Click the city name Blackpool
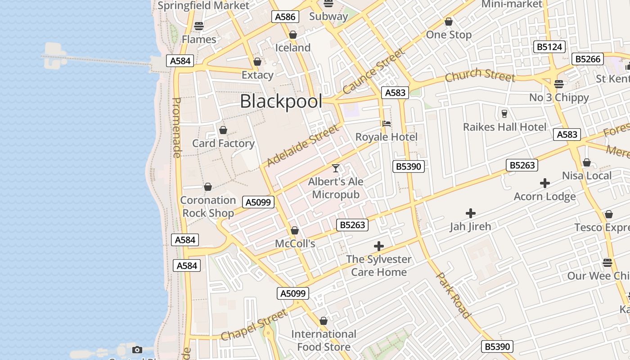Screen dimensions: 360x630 [x=281, y=101]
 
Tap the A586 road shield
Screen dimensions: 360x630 [x=285, y=17]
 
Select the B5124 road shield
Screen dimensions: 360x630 [x=549, y=47]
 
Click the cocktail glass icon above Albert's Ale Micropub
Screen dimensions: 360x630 [x=336, y=168]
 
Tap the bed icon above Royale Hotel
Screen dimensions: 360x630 [x=386, y=124]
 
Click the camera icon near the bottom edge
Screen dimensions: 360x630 [x=137, y=350]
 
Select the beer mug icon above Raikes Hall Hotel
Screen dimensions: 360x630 [x=504, y=113]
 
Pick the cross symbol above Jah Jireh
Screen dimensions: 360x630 [x=471, y=213]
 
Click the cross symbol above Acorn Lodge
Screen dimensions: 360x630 [x=545, y=183]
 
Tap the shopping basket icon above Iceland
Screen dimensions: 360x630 [x=293, y=35]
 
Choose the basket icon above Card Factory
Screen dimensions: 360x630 [x=223, y=130]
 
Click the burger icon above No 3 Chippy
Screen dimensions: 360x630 [x=559, y=84]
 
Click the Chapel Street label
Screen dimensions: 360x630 [x=254, y=325]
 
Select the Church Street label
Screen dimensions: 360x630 [x=480, y=75]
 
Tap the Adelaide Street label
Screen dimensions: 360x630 [x=302, y=145]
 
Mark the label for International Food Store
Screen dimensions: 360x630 [x=324, y=340]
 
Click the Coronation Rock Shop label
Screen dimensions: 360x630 [x=208, y=207]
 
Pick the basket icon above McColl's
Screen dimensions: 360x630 [x=295, y=231]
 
